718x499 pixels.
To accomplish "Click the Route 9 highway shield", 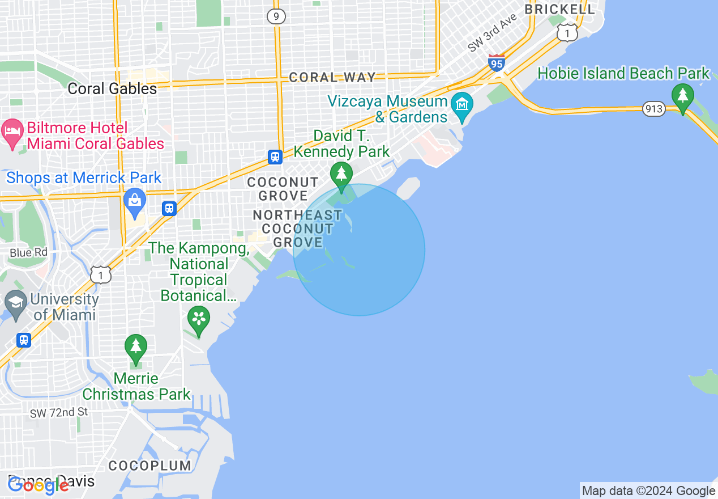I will [x=276, y=16].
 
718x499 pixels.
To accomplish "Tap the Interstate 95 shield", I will [x=496, y=63].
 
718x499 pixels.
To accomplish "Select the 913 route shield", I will [x=653, y=109].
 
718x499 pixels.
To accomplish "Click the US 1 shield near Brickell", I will [x=567, y=33].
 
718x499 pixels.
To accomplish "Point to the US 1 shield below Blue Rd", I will [x=100, y=274].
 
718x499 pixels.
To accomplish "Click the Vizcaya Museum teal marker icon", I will [x=463, y=105].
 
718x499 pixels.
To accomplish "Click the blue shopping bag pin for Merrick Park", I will [x=135, y=201].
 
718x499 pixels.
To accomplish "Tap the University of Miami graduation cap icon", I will [x=15, y=303].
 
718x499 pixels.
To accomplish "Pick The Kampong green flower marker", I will [x=199, y=318].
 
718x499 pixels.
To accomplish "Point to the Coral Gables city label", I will [x=112, y=88].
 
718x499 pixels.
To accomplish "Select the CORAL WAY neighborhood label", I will [x=332, y=78].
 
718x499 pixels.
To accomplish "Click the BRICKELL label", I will [x=559, y=9].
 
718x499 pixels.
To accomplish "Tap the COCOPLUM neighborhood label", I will [x=150, y=466].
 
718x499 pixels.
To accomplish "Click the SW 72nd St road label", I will [x=59, y=412].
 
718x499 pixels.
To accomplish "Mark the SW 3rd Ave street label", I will [x=493, y=33].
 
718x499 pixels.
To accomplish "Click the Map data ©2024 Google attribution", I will [x=649, y=491].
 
